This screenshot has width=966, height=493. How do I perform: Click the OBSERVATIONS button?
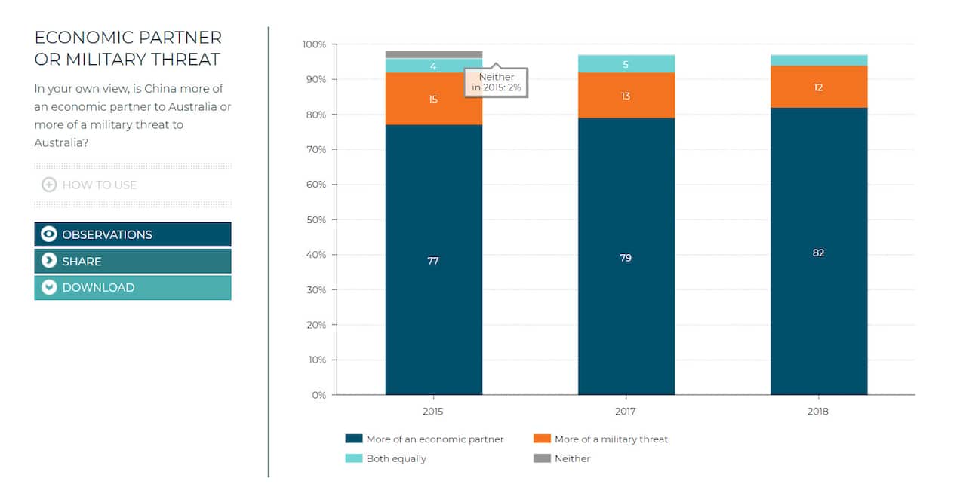pyautogui.click(x=132, y=234)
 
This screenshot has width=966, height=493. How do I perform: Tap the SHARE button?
pyautogui.click(x=132, y=261)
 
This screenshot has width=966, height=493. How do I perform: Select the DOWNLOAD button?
pyautogui.click(x=132, y=287)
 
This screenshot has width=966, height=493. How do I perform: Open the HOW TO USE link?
pyautogui.click(x=99, y=185)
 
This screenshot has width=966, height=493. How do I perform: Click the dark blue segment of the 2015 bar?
pyautogui.click(x=433, y=302)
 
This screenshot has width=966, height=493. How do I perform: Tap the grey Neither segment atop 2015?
pyautogui.click(x=433, y=54)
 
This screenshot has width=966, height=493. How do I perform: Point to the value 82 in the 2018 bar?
pyautogui.click(x=818, y=253)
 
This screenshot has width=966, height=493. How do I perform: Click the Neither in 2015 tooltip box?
pyautogui.click(x=496, y=82)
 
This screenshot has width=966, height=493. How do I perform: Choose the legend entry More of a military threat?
pyautogui.click(x=611, y=439)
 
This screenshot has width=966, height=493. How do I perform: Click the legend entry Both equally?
pyautogui.click(x=395, y=458)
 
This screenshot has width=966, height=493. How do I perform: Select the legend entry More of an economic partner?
pyautogui.click(x=434, y=439)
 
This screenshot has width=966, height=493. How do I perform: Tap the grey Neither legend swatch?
pyautogui.click(x=542, y=458)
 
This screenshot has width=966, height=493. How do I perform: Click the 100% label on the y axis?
pyautogui.click(x=315, y=44)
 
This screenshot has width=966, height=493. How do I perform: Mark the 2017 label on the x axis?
pyautogui.click(x=626, y=412)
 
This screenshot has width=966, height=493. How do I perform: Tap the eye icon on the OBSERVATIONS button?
pyautogui.click(x=49, y=234)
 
